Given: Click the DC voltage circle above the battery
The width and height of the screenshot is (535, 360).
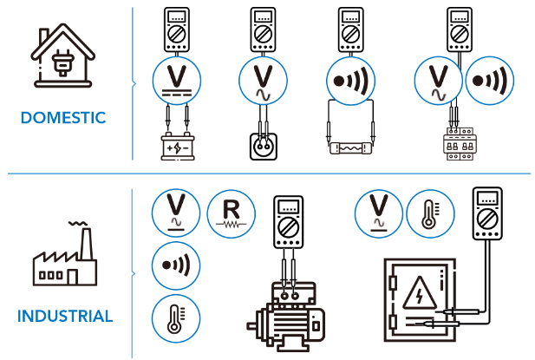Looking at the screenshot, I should coord(177,81).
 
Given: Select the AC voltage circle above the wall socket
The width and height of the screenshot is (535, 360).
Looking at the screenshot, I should coord(263,81).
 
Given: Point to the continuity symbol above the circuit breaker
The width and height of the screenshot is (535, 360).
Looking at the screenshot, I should coord(487,82).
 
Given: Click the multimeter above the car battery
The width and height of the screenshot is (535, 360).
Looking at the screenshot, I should coord(177,30).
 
